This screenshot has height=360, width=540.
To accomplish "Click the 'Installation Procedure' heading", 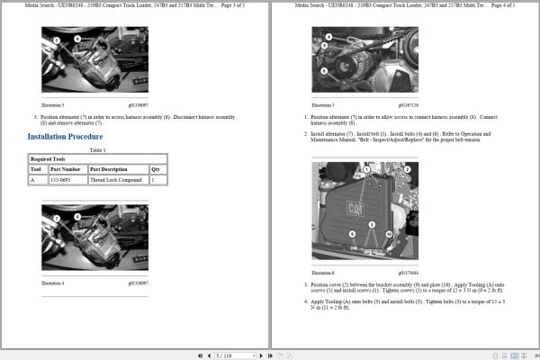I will point(65,137).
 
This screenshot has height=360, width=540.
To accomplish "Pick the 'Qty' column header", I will point(155,169).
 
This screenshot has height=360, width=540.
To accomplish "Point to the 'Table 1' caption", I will point(97,149).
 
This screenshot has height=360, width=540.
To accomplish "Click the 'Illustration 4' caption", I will point(53,283).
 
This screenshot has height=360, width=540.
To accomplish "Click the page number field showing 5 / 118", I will point(226,355).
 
